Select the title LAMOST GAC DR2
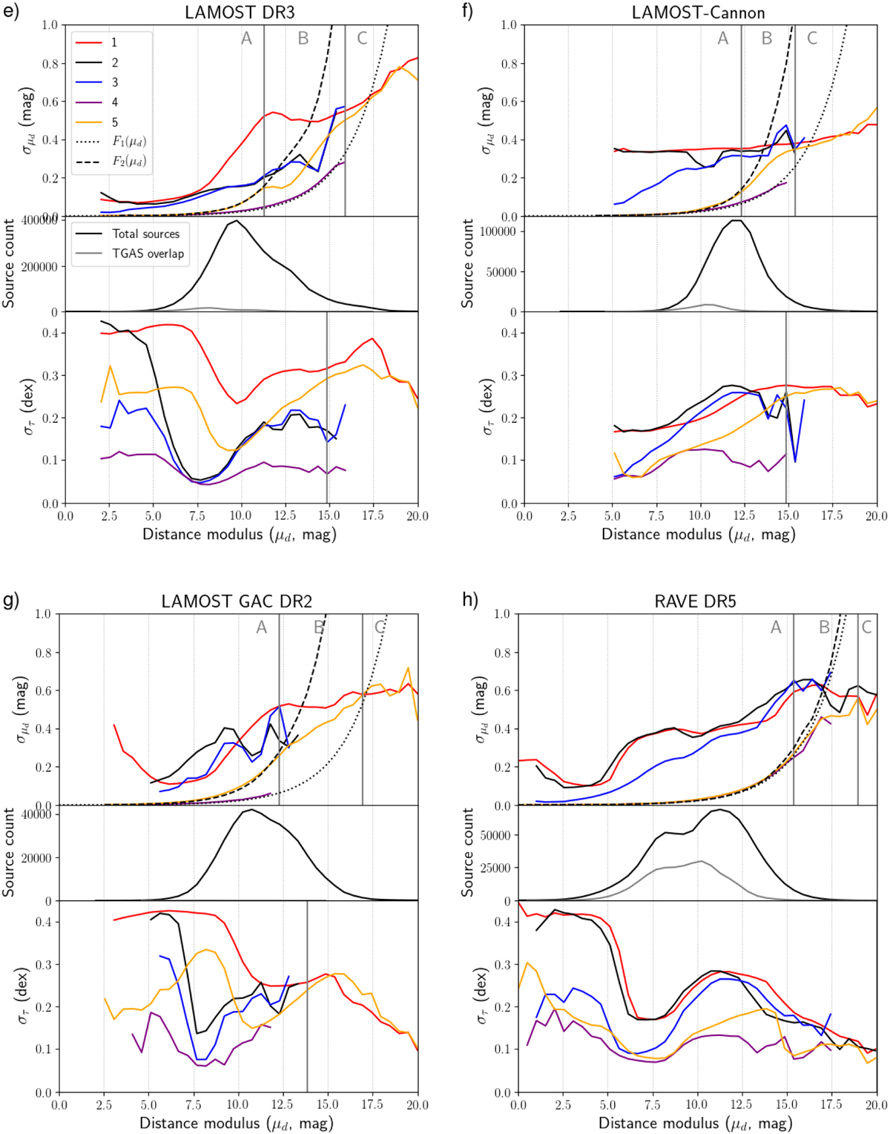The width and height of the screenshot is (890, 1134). click(237, 601)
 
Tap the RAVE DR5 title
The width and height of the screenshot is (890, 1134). click(695, 601)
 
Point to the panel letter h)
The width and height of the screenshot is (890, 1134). click(469, 600)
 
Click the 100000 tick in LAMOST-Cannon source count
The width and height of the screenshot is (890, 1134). click(497, 231)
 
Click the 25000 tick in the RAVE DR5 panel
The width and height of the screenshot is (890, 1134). click(496, 868)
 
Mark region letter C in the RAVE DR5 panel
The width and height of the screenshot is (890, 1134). click(866, 627)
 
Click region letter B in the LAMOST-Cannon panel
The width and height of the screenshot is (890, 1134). click(767, 39)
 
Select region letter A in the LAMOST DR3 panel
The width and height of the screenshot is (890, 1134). click(247, 39)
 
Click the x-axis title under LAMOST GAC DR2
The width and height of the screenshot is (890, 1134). click(237, 1124)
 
